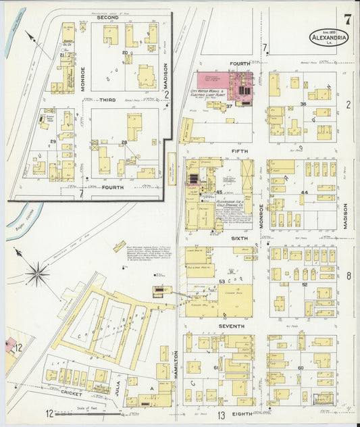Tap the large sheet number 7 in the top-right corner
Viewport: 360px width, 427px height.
[x=346, y=19]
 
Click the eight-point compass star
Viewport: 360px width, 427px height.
[x=37, y=274]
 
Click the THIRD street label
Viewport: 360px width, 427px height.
[x=107, y=99]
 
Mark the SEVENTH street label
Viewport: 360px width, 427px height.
[x=231, y=326]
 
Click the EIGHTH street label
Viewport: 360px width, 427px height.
[x=242, y=413]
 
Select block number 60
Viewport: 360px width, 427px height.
[x=301, y=368]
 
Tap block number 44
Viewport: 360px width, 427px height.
[x=305, y=193]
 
